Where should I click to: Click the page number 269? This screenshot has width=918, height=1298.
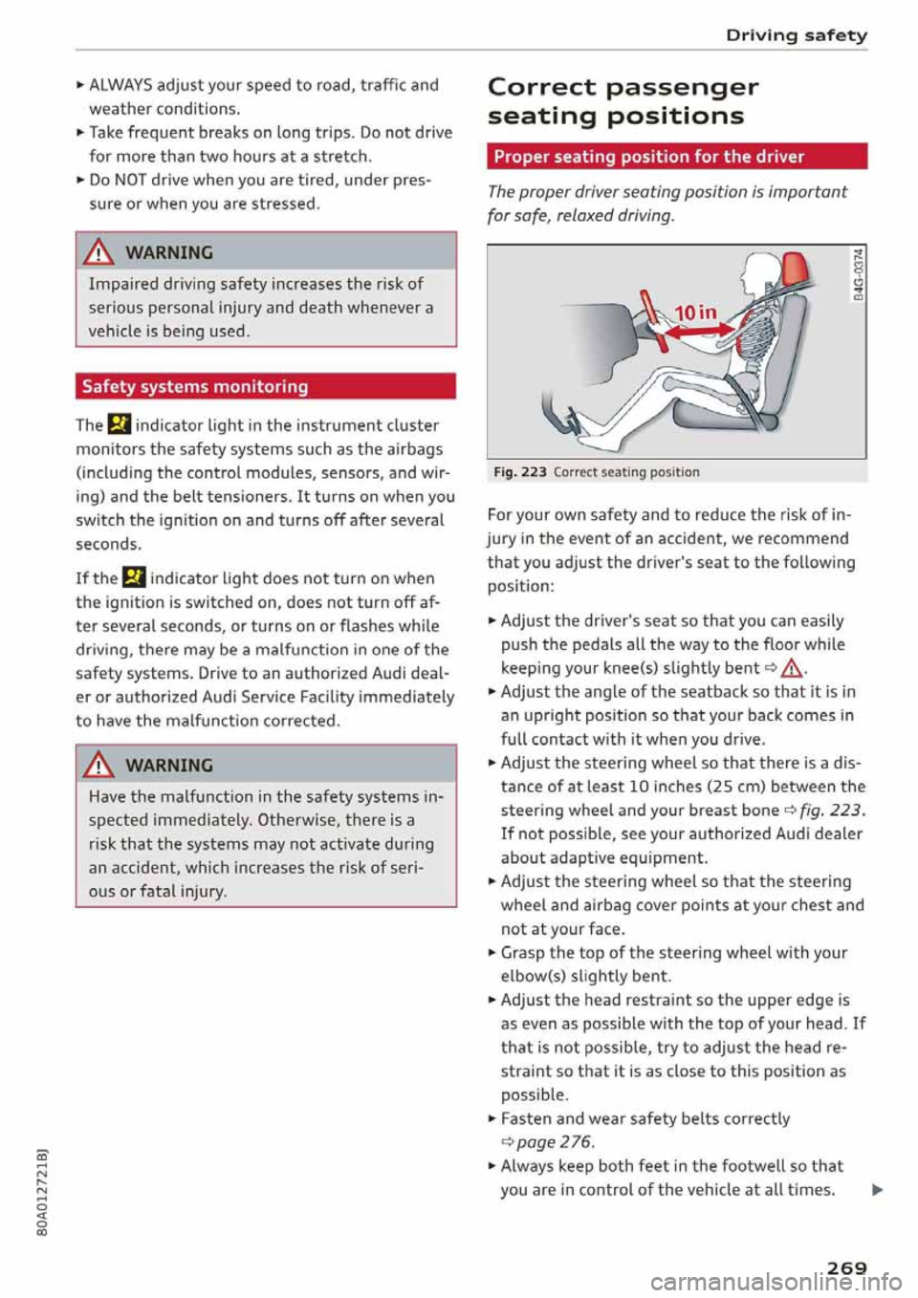tap(846, 1267)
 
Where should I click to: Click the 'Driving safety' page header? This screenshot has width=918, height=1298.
tap(796, 35)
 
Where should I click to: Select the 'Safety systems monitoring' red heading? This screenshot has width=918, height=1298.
tap(195, 386)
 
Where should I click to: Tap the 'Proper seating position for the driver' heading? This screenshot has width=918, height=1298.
tap(649, 157)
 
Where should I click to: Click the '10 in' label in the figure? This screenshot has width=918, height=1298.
tap(695, 313)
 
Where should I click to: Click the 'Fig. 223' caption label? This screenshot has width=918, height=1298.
tap(520, 472)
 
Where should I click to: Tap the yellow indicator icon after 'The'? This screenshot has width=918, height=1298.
tap(119, 425)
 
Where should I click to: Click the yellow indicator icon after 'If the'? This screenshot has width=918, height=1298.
tap(134, 578)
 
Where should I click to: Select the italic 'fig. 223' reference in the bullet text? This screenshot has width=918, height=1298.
tap(831, 811)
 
